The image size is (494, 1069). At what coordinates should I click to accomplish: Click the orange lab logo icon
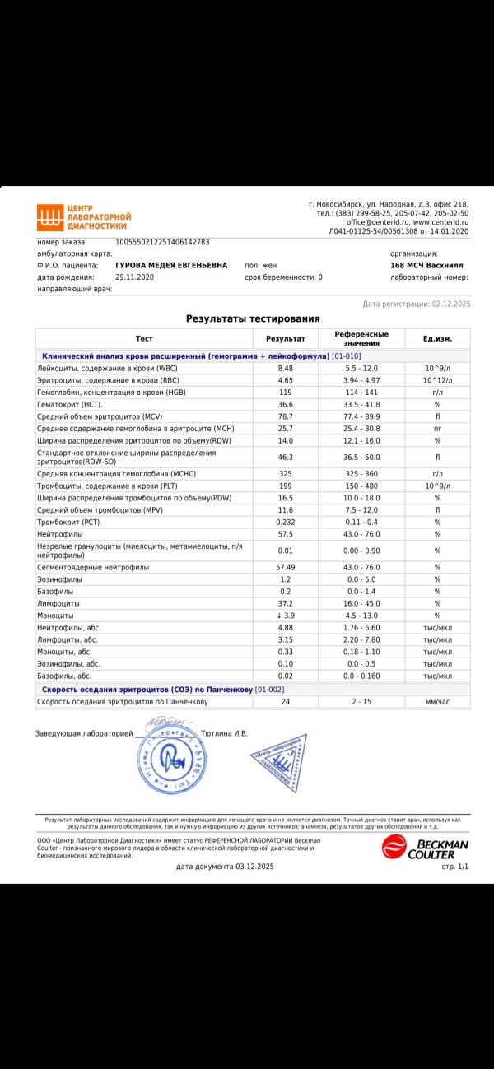point(49,217)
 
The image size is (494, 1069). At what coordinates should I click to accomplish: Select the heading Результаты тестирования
point(253,318)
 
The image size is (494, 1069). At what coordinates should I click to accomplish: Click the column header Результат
point(286,339)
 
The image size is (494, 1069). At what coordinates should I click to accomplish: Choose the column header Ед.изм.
point(437,339)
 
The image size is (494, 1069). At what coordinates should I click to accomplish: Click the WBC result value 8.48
point(286,368)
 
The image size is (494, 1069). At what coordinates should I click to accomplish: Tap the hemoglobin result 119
point(286,393)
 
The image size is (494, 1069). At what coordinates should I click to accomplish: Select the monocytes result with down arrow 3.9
point(286,616)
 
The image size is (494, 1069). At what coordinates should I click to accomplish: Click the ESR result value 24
point(286,702)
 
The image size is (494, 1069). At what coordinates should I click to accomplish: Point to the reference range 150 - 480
point(361,486)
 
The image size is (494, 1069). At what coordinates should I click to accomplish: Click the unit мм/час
point(437,702)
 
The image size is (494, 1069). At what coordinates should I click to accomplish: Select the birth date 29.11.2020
point(135,277)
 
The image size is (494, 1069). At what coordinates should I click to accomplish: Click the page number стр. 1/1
point(454,867)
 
